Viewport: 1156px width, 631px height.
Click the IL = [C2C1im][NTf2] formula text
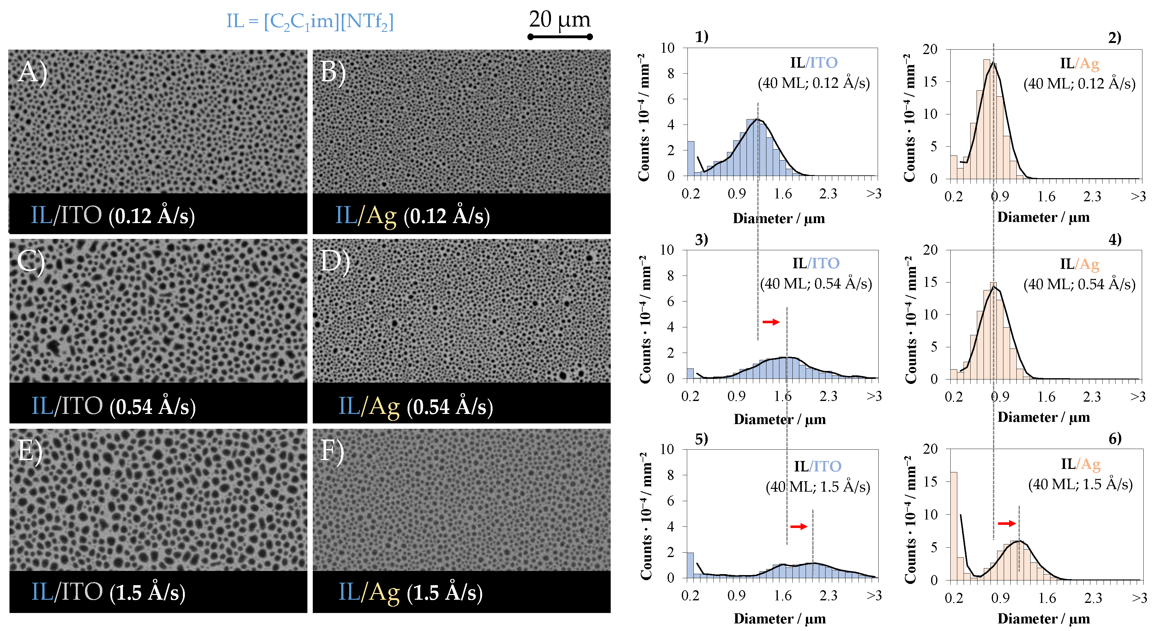coord(310,21)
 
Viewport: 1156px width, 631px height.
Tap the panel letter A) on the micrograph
coord(32,72)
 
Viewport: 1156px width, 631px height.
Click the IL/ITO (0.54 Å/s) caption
coord(113,406)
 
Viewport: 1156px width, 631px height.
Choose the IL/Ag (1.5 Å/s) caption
coord(410,592)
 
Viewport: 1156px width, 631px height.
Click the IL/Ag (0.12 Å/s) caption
coord(412,216)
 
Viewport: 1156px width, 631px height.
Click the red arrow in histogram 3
coord(771,322)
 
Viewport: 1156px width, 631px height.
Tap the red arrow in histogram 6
coord(1007,523)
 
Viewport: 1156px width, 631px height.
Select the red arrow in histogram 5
coord(798,526)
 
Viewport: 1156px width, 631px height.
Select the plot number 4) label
coord(1115,239)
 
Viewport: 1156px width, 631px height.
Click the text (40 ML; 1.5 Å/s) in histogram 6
coord(1080,484)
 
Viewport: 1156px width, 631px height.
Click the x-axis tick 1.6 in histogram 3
coord(782,396)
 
